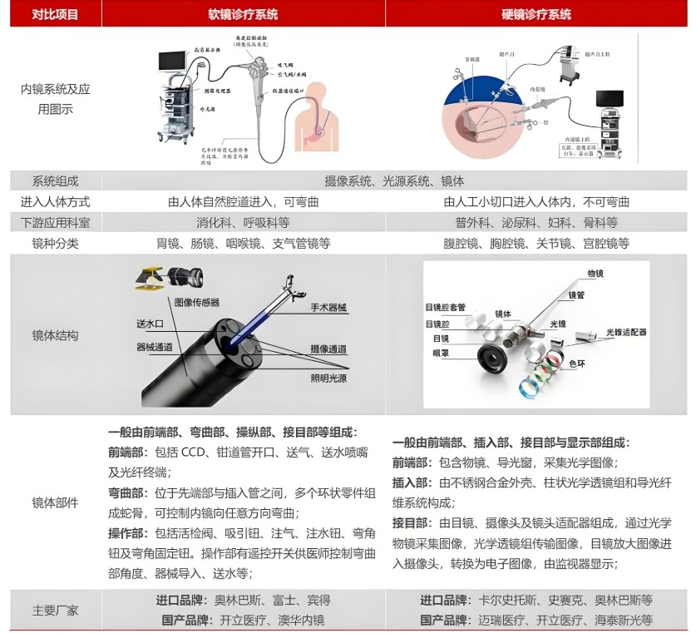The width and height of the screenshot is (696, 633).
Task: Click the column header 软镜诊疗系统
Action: (243, 15)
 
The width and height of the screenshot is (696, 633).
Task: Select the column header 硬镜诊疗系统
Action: (536, 15)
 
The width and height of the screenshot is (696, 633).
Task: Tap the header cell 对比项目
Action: (56, 15)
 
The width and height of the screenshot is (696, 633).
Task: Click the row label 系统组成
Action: (56, 181)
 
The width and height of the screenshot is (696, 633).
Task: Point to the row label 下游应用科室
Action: (56, 223)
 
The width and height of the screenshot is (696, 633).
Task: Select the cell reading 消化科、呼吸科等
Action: (243, 223)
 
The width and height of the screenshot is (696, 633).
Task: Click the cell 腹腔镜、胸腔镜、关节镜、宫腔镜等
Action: (536, 244)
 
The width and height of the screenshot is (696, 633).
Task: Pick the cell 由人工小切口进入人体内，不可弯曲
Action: (536, 202)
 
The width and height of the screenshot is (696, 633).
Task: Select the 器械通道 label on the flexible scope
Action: (154, 344)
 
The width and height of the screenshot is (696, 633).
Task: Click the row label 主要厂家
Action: (56, 611)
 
